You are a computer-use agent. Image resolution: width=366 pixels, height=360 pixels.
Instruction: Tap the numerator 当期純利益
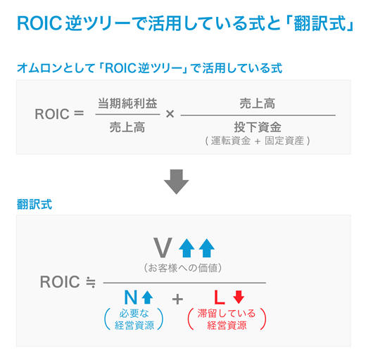pyautogui.click(x=127, y=103)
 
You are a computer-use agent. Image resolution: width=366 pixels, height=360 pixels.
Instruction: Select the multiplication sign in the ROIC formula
pyautogui.click(x=170, y=114)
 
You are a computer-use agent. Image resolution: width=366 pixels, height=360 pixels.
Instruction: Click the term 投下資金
pyautogui.click(x=258, y=127)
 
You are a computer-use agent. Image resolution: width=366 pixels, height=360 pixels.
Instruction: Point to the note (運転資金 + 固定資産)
pyautogui.click(x=258, y=141)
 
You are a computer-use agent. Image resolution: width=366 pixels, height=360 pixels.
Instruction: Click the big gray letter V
pyautogui.click(x=163, y=248)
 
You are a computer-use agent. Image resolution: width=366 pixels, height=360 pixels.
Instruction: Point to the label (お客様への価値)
pyautogui.click(x=184, y=268)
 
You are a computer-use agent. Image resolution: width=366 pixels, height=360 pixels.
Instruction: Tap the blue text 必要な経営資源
pyautogui.click(x=134, y=319)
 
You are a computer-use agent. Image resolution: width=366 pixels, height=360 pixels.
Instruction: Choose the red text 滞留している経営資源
pyautogui.click(x=227, y=319)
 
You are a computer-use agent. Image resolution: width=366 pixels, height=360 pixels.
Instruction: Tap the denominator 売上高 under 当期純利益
pyautogui.click(x=127, y=127)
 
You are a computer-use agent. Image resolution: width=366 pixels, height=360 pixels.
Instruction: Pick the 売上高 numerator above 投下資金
pyautogui.click(x=257, y=103)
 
